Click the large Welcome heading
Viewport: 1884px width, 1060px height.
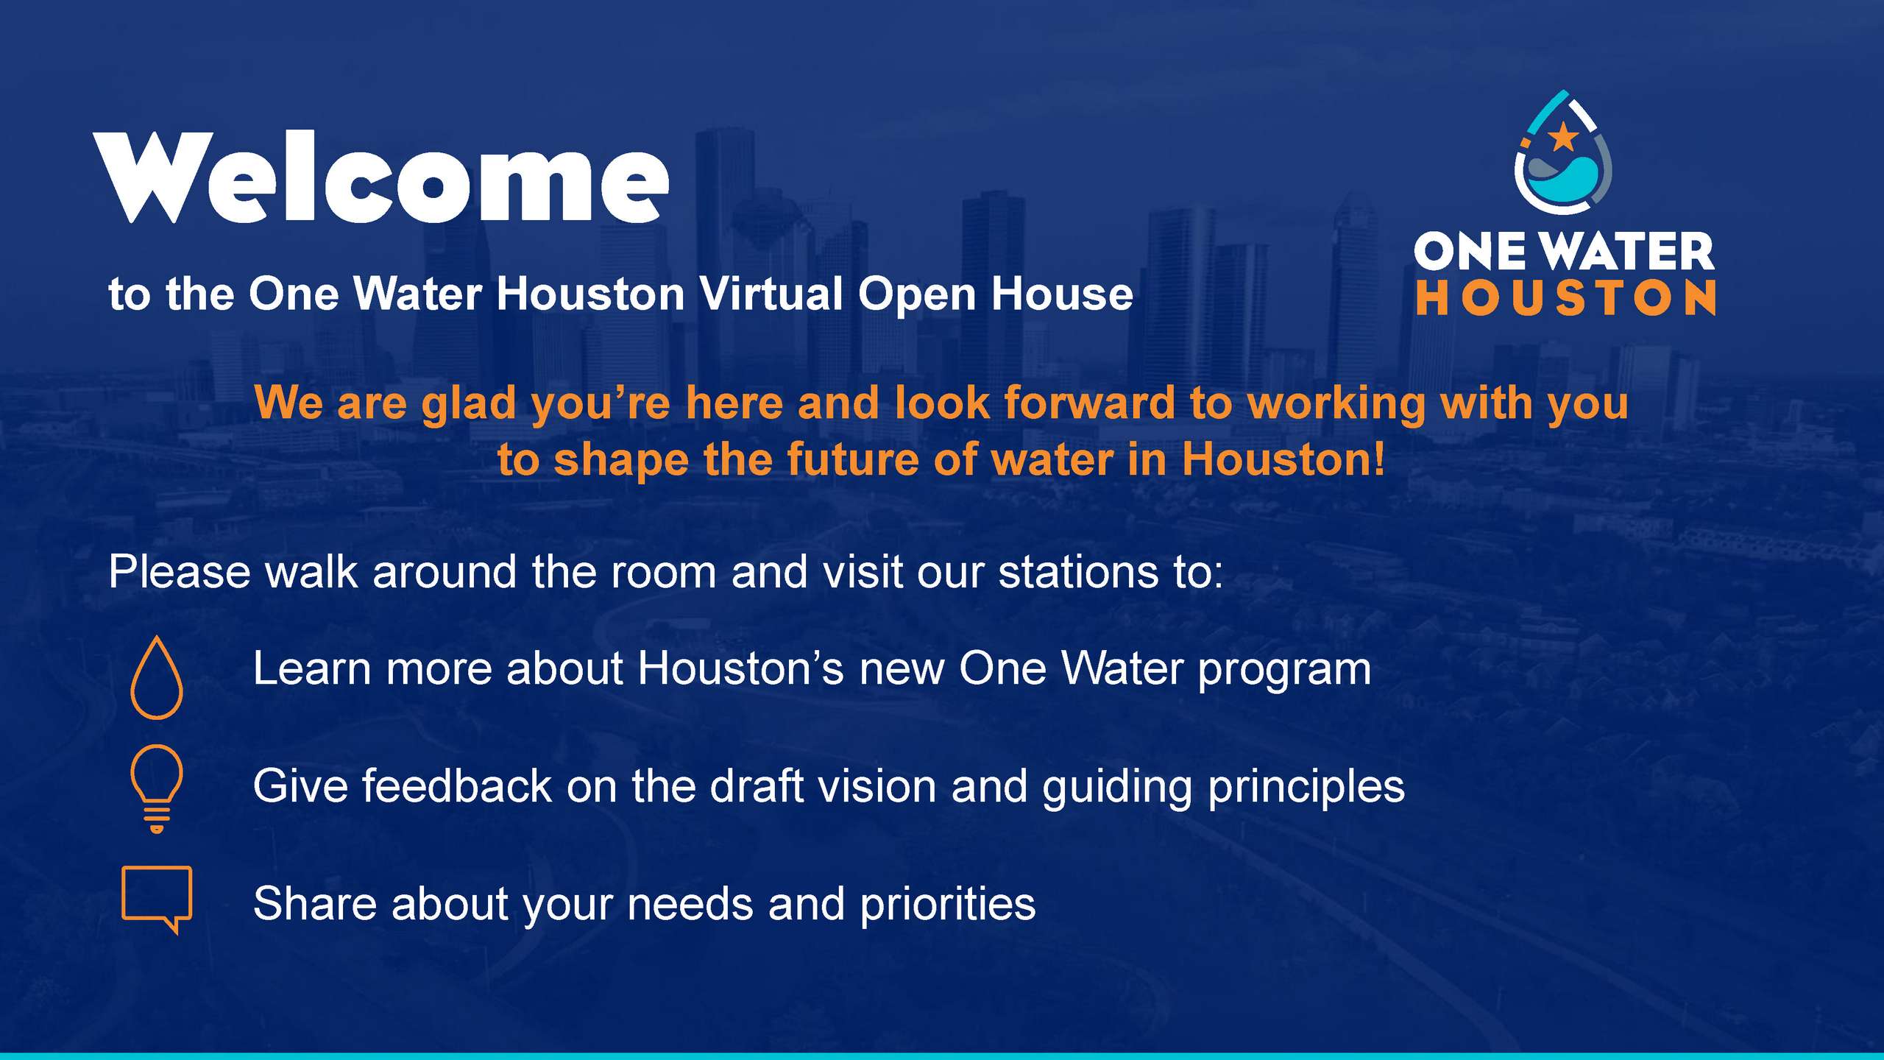click(381, 177)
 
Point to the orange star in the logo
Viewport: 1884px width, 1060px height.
click(1562, 137)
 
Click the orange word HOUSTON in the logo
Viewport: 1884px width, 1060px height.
click(1566, 297)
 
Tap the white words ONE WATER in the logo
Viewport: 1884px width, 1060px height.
click(1564, 251)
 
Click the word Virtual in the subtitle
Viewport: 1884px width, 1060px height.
click(771, 294)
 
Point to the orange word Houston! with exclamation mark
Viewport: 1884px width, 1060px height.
click(1283, 460)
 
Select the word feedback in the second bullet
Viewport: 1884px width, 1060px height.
click(457, 785)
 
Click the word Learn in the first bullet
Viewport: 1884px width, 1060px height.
click(312, 668)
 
